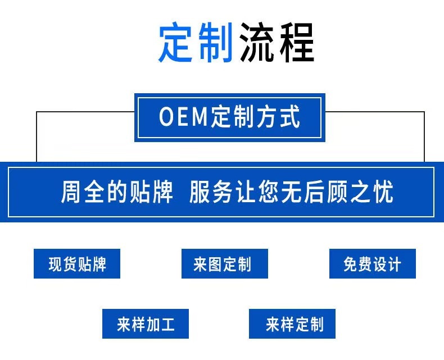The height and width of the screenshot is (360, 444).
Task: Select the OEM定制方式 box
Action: pyautogui.click(x=229, y=117)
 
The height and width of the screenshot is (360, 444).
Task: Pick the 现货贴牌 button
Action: pyautogui.click(x=78, y=264)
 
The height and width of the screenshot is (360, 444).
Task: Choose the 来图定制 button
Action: pyautogui.click(x=224, y=264)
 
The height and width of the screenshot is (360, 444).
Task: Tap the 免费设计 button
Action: pyautogui.click(x=372, y=264)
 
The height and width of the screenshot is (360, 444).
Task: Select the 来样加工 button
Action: pyautogui.click(x=146, y=324)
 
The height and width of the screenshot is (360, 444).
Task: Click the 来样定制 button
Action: pyautogui.click(x=292, y=324)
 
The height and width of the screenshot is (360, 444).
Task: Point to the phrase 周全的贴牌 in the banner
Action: pyautogui.click(x=117, y=192)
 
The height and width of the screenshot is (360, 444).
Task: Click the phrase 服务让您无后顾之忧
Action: pyautogui.click(x=291, y=192)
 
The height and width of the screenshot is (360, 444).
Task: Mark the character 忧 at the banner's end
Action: pyautogui.click(x=383, y=192)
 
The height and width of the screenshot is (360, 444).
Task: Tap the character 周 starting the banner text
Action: pyautogui.click(x=72, y=192)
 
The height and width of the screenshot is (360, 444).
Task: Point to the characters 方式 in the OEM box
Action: pyautogui.click(x=280, y=117)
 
